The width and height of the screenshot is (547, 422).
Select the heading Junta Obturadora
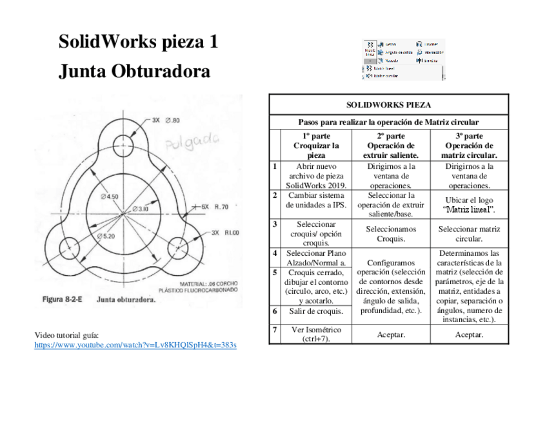tap(134, 71)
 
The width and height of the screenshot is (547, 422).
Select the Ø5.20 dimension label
tap(106, 236)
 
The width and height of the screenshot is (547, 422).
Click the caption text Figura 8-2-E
tap(62, 300)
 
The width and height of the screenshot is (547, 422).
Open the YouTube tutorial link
tap(135, 345)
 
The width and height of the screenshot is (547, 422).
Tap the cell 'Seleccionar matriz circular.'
tap(469, 233)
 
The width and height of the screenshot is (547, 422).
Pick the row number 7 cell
tap(275, 330)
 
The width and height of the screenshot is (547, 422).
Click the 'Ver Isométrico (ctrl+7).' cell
tap(316, 334)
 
